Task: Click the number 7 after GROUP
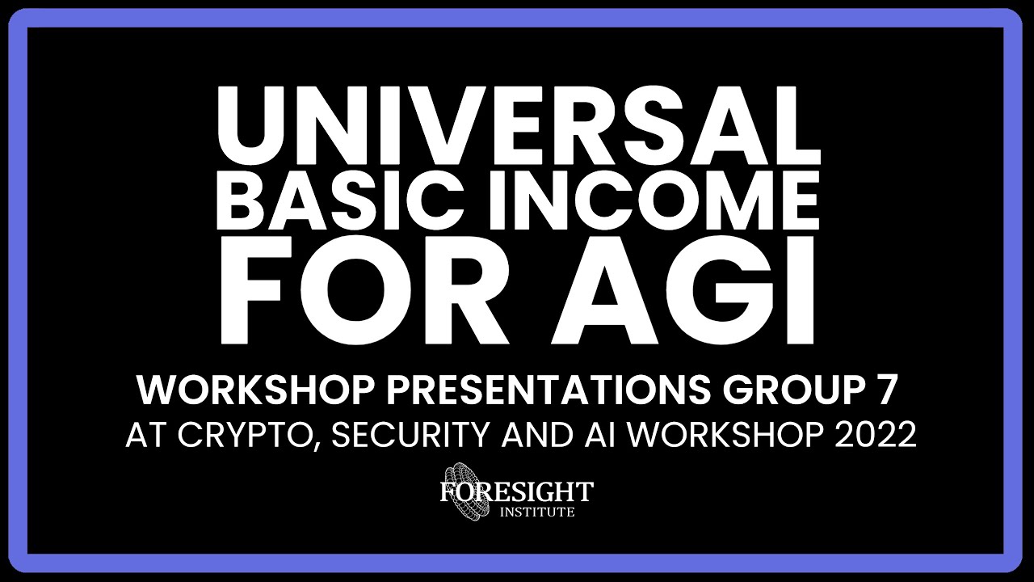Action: pyautogui.click(x=885, y=391)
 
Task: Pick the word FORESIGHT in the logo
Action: pyautogui.click(x=517, y=491)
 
